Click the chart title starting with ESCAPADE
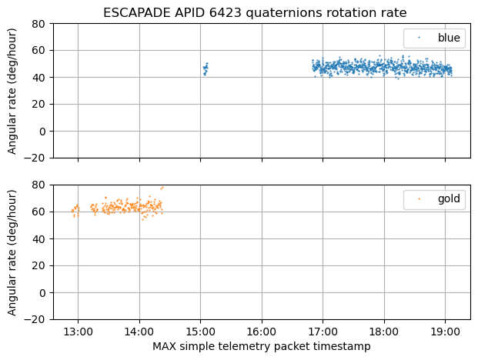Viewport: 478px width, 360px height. point(255,12)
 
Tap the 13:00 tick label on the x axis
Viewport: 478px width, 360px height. point(78,332)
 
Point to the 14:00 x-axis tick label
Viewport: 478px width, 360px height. point(139,332)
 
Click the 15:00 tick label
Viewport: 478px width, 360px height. point(200,332)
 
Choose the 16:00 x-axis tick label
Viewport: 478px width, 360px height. point(262,332)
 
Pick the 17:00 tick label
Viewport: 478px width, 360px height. point(323,332)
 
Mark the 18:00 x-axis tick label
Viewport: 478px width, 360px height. point(384,332)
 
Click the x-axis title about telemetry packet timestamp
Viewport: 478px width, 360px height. point(262,347)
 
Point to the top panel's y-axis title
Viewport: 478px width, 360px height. point(13,91)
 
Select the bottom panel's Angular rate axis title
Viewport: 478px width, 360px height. point(13,252)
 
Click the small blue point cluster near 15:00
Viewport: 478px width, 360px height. point(206,69)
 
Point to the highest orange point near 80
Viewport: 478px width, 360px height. point(162,188)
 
